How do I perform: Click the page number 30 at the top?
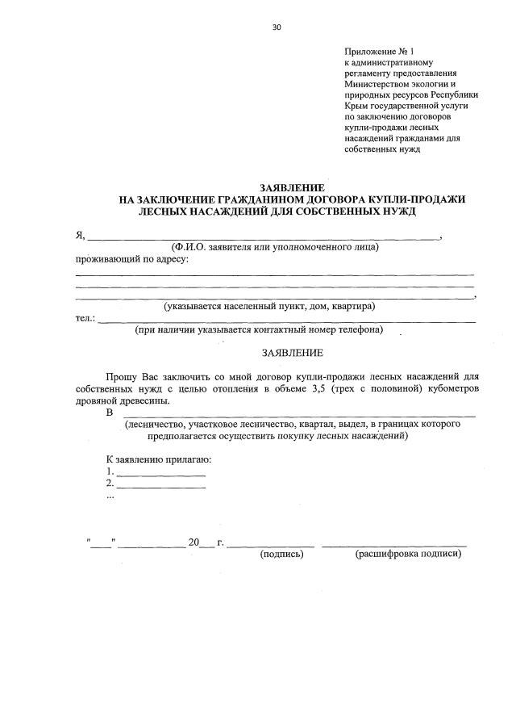click(x=277, y=27)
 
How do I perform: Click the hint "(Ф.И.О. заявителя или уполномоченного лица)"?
click(x=269, y=248)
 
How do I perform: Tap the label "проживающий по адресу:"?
click(x=132, y=259)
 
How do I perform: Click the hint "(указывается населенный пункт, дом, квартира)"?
click(x=269, y=307)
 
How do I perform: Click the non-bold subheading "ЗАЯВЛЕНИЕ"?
click(x=292, y=353)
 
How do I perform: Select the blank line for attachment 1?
click(x=161, y=473)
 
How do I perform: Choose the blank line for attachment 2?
click(x=161, y=486)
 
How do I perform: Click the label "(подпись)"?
click(x=281, y=555)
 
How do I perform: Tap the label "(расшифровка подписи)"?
click(x=408, y=555)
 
